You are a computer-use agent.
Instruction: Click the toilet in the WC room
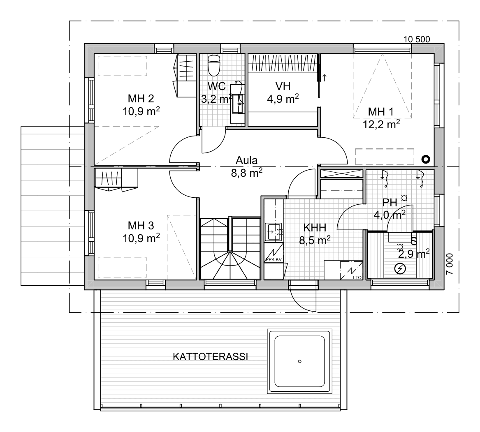coord(213,65)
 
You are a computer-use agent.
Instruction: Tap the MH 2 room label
coord(141,99)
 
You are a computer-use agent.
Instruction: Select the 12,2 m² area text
coord(381,124)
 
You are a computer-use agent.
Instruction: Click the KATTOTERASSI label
coord(210,357)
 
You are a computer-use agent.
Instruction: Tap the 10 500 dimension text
coord(416,39)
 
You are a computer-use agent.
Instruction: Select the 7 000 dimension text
coord(450,264)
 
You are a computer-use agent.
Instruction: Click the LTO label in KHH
coord(357,277)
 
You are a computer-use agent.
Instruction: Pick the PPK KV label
coord(274,259)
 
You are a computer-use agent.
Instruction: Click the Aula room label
coord(247,160)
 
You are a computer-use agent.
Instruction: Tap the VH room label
coord(283,86)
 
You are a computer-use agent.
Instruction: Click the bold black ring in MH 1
coord(426,159)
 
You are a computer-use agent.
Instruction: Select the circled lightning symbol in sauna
coord(400,269)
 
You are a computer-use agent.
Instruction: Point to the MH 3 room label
coord(141,226)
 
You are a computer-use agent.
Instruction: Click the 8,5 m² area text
coord(315,240)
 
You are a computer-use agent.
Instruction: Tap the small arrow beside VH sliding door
coord(325,78)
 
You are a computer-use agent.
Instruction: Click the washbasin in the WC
coord(238,104)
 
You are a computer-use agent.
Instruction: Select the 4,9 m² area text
coord(283,99)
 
